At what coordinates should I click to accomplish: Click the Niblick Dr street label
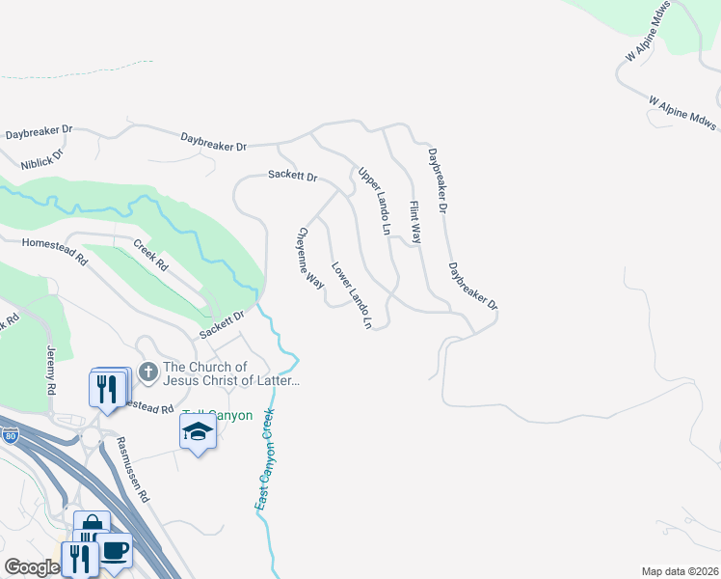pos(45,153)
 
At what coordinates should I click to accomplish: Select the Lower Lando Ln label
pos(352,295)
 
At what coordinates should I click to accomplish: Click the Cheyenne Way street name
pos(309,258)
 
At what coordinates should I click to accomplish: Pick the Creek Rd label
pos(151,255)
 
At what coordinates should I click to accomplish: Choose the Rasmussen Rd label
pos(133,470)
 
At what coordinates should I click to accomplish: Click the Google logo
pos(31,567)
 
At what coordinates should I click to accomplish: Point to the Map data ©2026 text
pos(681,571)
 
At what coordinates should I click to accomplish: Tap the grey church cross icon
pos(147,371)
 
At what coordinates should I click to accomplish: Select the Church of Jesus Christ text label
pos(231,373)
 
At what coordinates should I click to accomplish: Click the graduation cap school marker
pos(198,430)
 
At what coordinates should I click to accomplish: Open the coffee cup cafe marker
pos(115,550)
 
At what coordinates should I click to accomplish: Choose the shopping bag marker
pos(92,526)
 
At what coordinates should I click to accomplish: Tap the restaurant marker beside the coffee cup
pos(79,558)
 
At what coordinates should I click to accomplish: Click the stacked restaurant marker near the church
pos(108,388)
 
